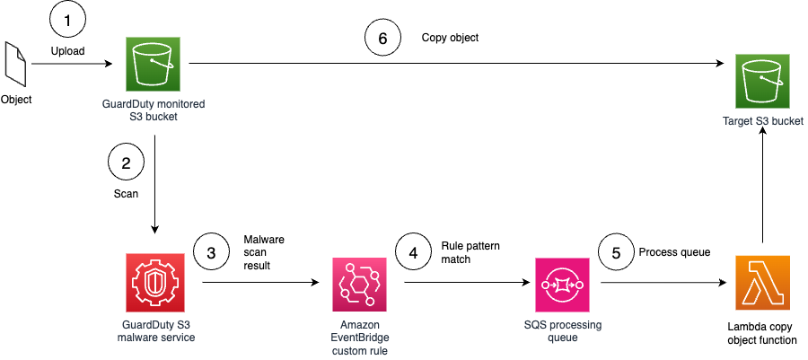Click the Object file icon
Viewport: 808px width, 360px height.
(16, 66)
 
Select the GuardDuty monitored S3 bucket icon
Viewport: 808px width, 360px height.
(154, 65)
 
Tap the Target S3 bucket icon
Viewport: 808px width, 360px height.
(762, 80)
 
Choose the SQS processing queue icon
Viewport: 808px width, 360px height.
(561, 284)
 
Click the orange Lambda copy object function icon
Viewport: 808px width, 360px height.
(762, 284)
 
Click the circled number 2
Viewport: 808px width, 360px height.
(126, 163)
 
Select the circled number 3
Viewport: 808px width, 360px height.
(211, 253)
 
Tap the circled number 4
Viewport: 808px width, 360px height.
(414, 253)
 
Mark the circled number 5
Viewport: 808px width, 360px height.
(615, 253)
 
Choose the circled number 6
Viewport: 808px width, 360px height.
(382, 38)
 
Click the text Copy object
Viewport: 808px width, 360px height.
(450, 38)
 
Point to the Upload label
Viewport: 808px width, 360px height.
(67, 51)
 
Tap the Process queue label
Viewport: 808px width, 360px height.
(673, 252)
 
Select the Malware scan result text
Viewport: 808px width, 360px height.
(264, 254)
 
